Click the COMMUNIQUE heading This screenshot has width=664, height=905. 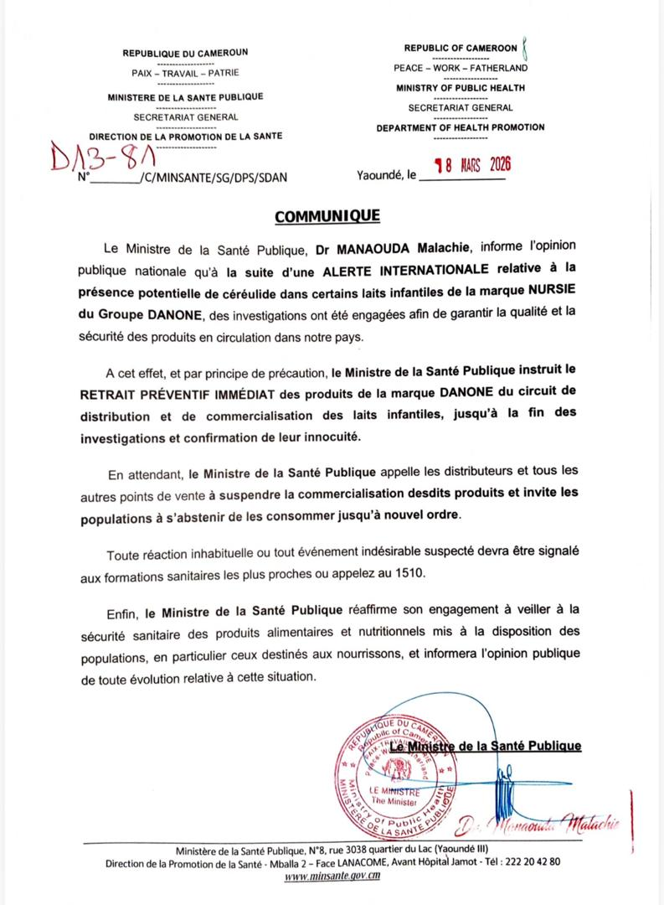click(x=327, y=217)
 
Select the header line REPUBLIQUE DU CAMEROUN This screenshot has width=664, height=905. click(x=185, y=52)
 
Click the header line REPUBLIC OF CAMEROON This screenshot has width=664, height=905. click(x=460, y=49)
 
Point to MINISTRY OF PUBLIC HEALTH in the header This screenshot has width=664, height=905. click(x=461, y=88)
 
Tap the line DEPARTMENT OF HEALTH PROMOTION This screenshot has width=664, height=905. click(x=460, y=127)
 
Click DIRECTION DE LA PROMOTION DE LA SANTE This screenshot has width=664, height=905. click(x=185, y=136)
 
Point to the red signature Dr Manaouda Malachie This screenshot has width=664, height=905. click(x=537, y=825)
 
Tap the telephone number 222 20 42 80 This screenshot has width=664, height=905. click(x=531, y=861)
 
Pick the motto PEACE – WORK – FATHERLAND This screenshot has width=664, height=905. click(x=461, y=68)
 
